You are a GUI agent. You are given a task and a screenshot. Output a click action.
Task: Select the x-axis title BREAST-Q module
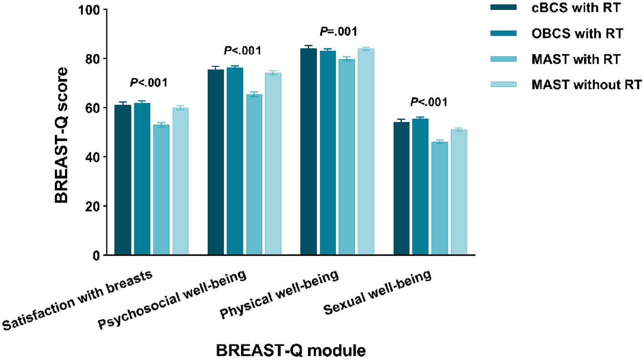pos(291,350)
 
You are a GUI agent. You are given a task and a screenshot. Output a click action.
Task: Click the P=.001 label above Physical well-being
pos(338,31)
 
